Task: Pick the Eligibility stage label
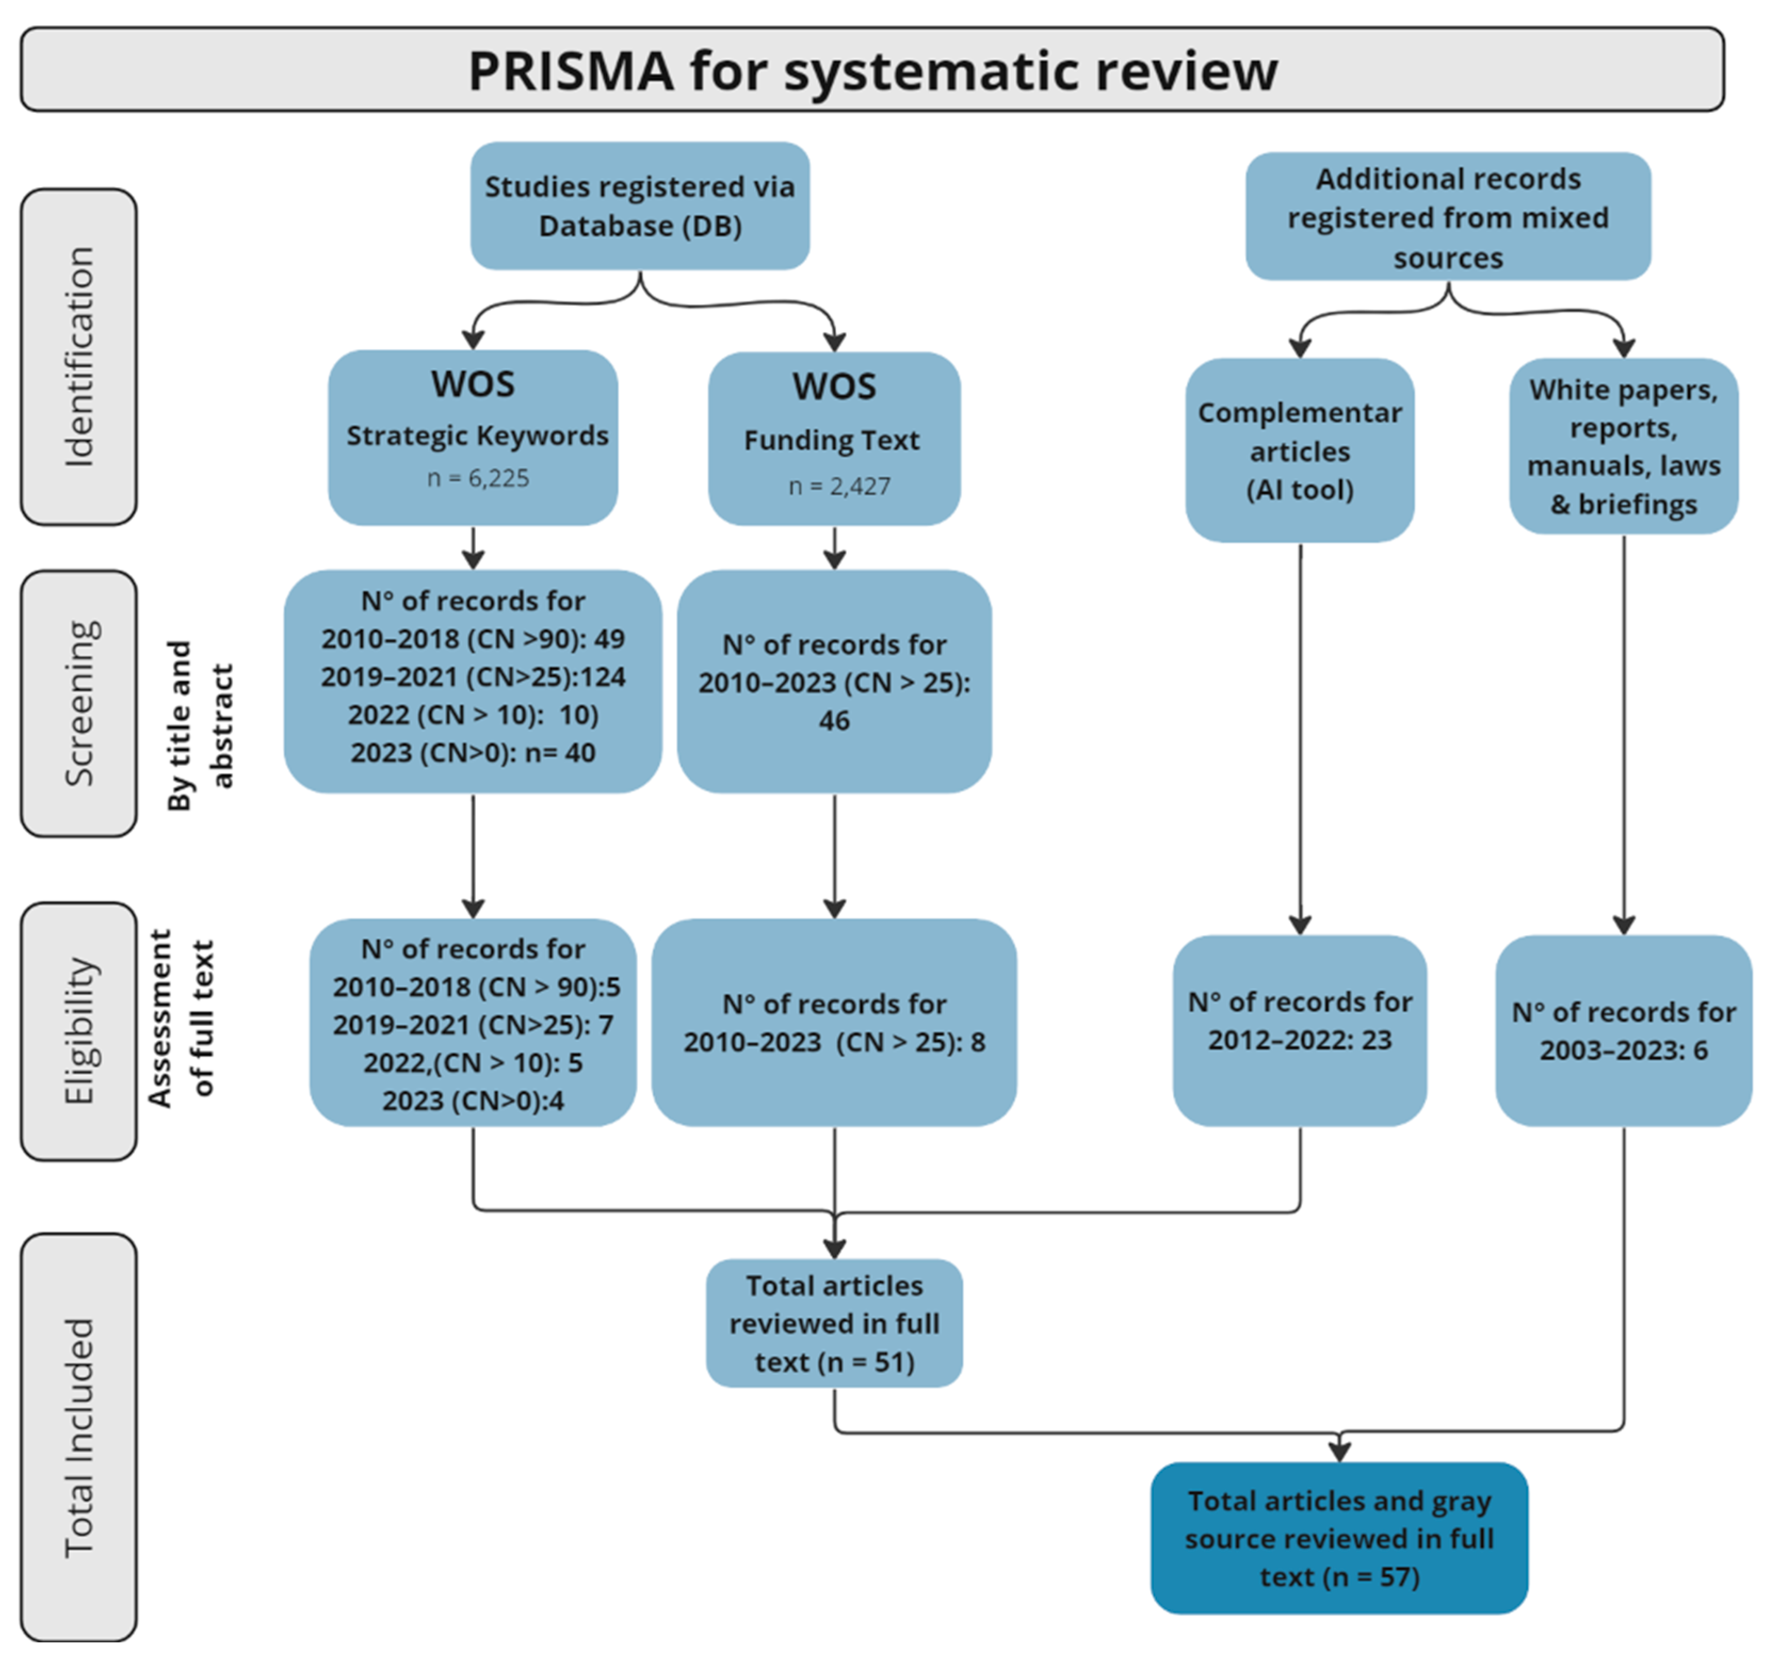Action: [79, 1031]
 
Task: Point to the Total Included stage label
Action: [79, 1437]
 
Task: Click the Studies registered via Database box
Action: [639, 206]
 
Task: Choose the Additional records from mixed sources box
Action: [1447, 217]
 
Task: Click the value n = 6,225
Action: [477, 478]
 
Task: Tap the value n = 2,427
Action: [839, 485]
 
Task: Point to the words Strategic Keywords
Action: [477, 436]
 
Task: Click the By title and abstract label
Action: [200, 725]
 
